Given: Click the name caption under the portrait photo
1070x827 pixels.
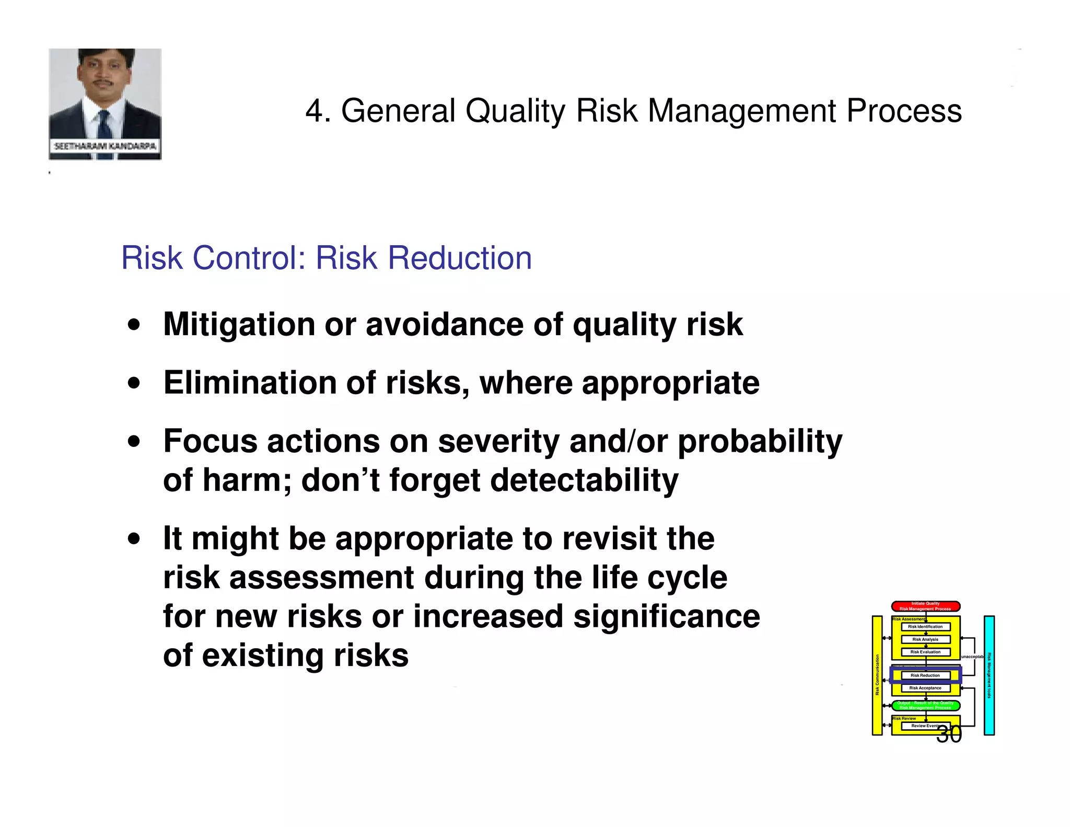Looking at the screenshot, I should (x=105, y=146).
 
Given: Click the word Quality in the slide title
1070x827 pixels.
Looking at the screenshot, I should (x=515, y=111).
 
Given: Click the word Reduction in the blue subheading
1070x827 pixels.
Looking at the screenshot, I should (x=460, y=258).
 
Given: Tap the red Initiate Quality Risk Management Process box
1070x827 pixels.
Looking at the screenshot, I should (x=925, y=606).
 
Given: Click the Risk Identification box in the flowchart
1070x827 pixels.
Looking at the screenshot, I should (x=925, y=626).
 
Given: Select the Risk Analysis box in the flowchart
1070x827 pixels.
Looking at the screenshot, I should (x=925, y=639).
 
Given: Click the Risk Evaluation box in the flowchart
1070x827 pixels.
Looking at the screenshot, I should (x=925, y=652).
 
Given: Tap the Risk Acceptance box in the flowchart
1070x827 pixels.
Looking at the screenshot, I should (x=925, y=688).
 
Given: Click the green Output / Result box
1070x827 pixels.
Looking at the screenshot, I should (x=925, y=705).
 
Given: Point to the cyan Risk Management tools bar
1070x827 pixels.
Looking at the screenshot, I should (x=989, y=675).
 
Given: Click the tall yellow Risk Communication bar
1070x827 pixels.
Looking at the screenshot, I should (x=877, y=675).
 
